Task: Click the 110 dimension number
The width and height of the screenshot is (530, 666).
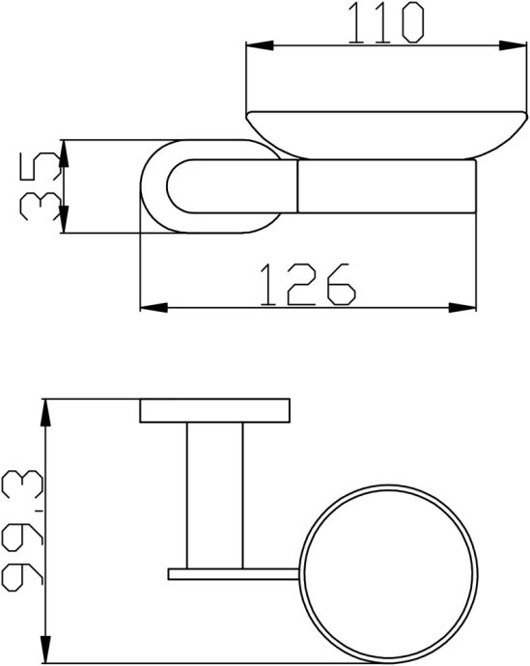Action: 385,23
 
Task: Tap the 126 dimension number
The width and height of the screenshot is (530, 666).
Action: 307,284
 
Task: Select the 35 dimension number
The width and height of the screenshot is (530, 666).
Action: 40,186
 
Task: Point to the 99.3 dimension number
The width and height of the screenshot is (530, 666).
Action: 23,532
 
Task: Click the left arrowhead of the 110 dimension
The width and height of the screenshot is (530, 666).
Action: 260,46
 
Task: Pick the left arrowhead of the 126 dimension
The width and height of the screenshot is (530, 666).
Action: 153,308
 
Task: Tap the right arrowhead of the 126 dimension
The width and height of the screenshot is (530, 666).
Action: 462,308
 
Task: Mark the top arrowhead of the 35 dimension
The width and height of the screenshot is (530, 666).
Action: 64,153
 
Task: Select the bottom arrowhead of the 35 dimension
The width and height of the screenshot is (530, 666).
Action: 64,220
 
